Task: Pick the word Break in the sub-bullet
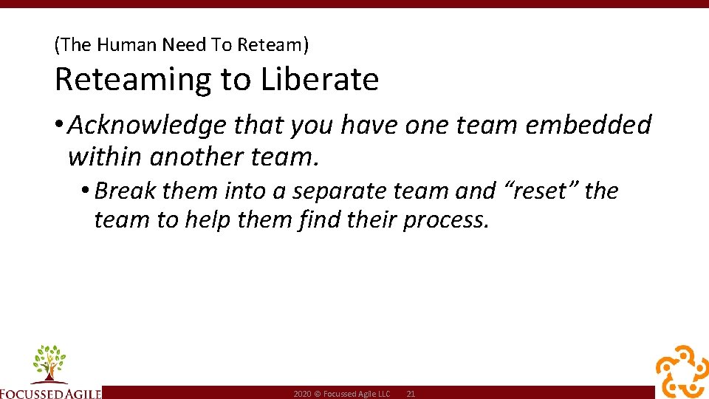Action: [126, 191]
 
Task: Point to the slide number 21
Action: [411, 395]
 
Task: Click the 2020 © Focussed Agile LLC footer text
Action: [341, 395]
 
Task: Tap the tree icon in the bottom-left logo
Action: [49, 363]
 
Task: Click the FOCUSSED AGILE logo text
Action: [50, 392]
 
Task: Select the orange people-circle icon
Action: [682, 371]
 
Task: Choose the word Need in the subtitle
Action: [184, 45]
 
